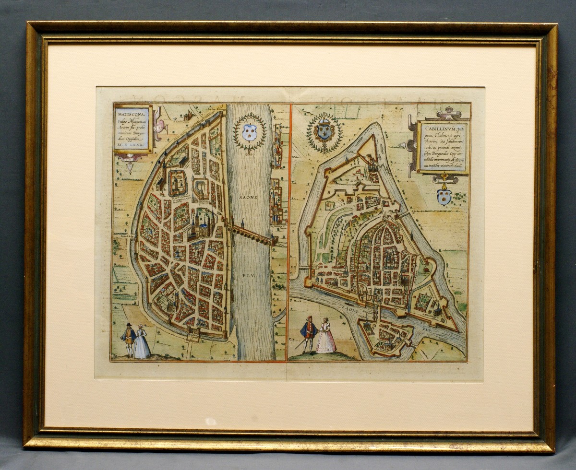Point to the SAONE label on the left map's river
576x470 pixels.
point(249,197)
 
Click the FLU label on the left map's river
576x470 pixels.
point(249,276)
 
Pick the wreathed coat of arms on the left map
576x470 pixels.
point(249,132)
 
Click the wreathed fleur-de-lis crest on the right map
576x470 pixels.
point(324,131)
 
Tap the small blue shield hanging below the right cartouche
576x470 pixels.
point(444,196)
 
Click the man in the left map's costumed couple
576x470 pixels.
point(129,340)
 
